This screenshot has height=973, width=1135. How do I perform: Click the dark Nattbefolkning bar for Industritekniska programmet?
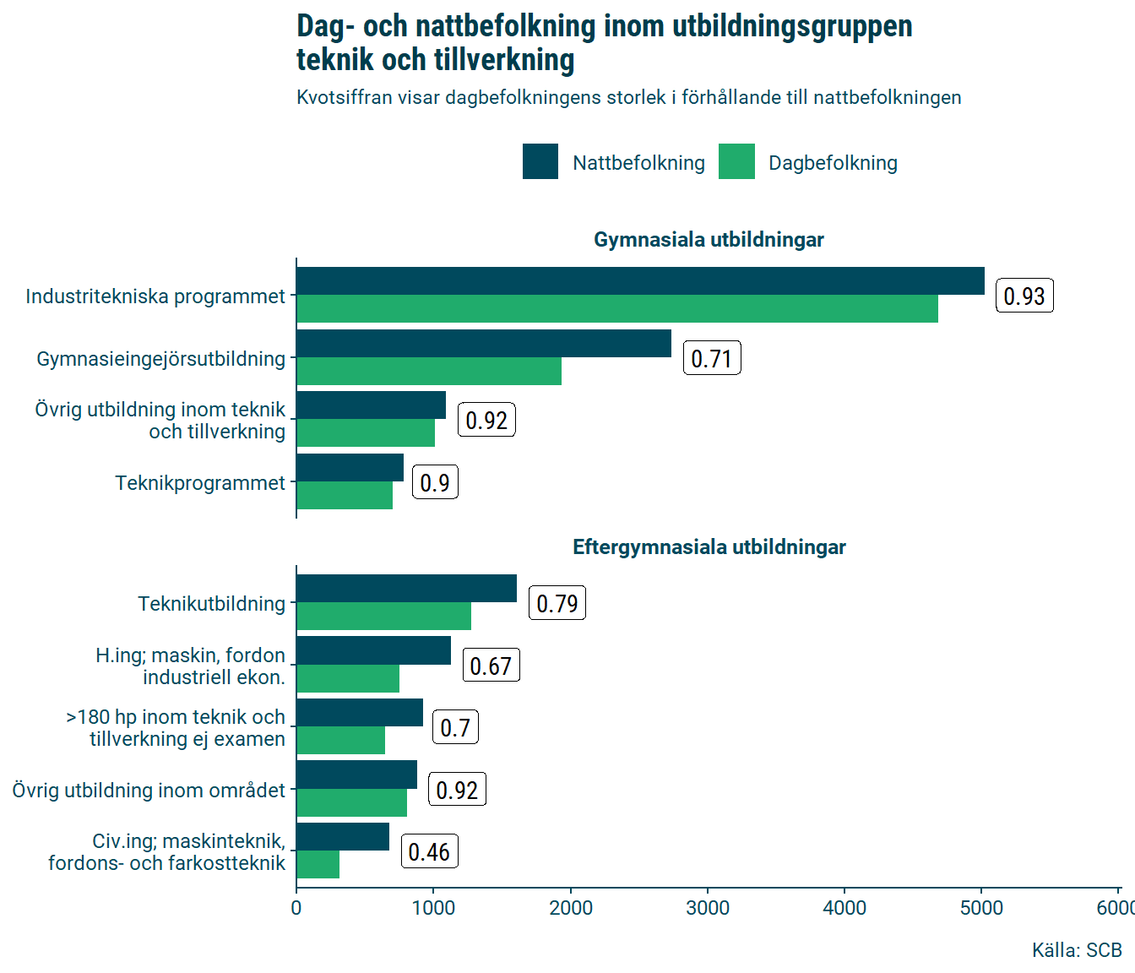tap(640, 281)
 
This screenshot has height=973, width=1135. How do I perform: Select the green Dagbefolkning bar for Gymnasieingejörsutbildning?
tap(429, 372)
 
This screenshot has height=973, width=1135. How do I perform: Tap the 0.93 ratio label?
tap(1024, 296)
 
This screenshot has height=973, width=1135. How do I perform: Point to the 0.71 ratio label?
tap(712, 359)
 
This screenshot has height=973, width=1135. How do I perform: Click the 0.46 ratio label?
tap(429, 852)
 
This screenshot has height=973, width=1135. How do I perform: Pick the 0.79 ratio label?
tap(557, 604)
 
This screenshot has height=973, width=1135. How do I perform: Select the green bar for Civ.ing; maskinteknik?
tap(318, 865)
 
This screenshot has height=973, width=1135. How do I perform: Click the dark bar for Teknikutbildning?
tap(406, 589)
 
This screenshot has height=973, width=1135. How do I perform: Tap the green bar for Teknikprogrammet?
tap(345, 496)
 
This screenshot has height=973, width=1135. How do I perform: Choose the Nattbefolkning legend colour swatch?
tap(540, 162)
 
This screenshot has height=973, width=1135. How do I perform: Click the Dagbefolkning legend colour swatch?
tap(736, 162)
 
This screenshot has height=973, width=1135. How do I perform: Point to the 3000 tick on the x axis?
tap(708, 908)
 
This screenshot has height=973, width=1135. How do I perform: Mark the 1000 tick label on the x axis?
tap(433, 908)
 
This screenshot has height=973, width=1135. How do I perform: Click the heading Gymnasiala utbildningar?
tap(709, 240)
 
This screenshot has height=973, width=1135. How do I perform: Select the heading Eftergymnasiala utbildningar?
tap(709, 547)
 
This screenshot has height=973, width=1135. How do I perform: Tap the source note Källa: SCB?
tap(1077, 950)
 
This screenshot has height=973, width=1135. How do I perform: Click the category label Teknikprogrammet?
tap(200, 483)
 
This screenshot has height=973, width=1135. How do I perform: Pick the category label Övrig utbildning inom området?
tap(149, 791)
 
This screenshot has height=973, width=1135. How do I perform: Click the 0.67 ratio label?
tap(491, 666)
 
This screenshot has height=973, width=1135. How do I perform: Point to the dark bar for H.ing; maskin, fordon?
tap(373, 651)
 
